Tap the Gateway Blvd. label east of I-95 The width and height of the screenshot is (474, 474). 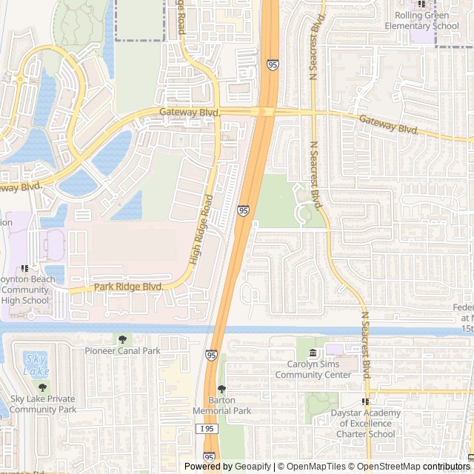[x=389, y=124]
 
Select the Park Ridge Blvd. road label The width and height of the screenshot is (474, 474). [x=127, y=286]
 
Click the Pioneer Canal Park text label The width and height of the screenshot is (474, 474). [x=122, y=350]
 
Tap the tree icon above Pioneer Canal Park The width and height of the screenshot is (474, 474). [x=122, y=338]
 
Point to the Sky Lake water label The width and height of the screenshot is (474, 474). [x=36, y=364]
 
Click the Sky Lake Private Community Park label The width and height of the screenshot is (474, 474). [x=43, y=404]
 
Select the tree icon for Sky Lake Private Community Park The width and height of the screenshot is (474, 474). [x=42, y=387]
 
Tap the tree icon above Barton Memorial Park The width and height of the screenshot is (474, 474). [x=221, y=390]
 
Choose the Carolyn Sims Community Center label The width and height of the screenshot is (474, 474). [x=313, y=370]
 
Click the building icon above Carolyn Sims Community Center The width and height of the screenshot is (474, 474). [x=313, y=353]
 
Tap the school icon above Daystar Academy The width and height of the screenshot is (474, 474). [x=364, y=401]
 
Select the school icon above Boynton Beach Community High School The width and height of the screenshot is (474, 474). [x=25, y=268]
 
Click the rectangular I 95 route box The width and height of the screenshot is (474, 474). [x=207, y=429]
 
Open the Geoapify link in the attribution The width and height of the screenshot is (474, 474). [x=253, y=467]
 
